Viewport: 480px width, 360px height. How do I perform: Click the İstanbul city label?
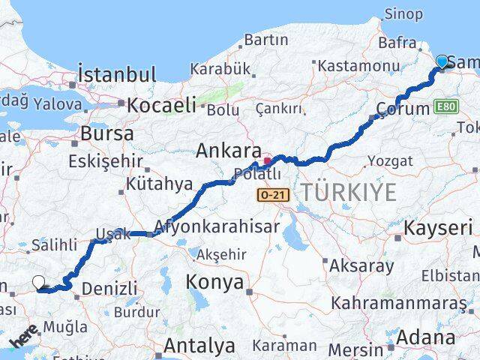tap(117, 75)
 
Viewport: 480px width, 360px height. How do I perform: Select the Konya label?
tap(217, 283)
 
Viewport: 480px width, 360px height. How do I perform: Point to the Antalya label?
tap(199, 346)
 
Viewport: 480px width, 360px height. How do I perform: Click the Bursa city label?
tap(109, 134)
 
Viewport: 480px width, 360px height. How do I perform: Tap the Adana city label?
tap(424, 337)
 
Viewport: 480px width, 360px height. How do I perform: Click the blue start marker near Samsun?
tap(442, 62)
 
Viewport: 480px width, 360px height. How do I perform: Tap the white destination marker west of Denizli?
tap(39, 283)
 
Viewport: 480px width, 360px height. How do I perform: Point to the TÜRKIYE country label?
tap(348, 193)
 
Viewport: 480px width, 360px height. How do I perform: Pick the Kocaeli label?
tap(161, 105)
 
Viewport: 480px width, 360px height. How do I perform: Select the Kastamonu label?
tap(352, 66)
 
